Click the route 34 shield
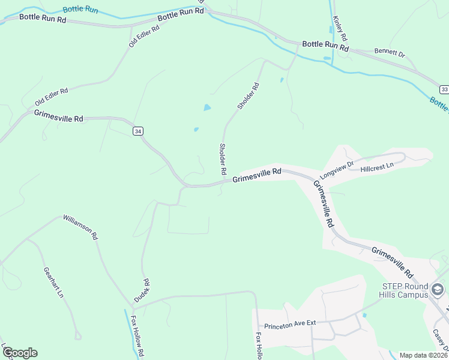[x=138, y=131]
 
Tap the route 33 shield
[x=444, y=89]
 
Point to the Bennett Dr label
[x=390, y=53]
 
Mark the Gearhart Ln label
[x=53, y=282]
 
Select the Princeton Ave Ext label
[x=294, y=323]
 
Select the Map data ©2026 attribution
[x=423, y=355]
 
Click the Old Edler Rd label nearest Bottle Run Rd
[x=144, y=36]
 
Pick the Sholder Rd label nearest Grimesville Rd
[x=223, y=159]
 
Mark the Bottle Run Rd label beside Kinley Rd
[x=325, y=45]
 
